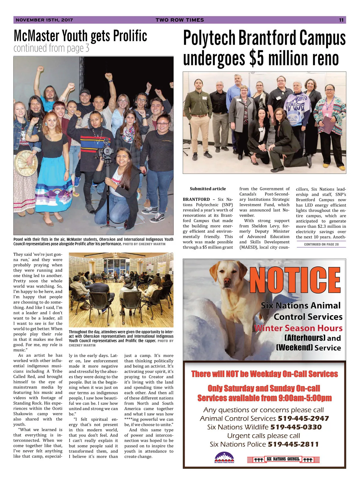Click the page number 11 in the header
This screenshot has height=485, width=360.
(341, 20)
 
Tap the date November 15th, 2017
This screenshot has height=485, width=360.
(44, 20)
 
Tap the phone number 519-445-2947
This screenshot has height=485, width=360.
(303, 418)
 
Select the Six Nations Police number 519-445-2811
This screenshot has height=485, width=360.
(293, 444)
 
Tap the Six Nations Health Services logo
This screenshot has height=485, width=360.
(224, 458)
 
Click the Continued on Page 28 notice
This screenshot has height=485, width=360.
(321, 244)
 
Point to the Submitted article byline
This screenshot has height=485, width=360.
(208, 189)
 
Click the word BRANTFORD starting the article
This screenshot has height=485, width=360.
(196, 199)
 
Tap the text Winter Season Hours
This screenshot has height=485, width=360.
(298, 328)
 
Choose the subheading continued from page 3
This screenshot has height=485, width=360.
(51, 48)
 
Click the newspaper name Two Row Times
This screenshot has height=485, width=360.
(180, 20)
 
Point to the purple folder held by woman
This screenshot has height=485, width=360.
(325, 125)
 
